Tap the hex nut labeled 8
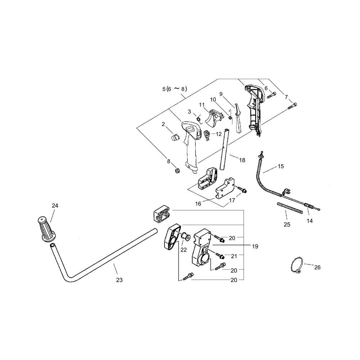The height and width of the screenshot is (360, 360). pyautogui.click(x=177, y=171)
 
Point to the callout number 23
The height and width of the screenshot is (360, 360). pyautogui.click(x=120, y=280)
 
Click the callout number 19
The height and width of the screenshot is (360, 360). pyautogui.click(x=255, y=247)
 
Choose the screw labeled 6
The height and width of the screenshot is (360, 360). pyautogui.click(x=271, y=95)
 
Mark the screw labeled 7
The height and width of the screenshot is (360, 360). pyautogui.click(x=292, y=106)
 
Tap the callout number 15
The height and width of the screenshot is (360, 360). pyautogui.click(x=281, y=166)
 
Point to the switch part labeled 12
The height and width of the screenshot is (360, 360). pyautogui.click(x=207, y=135)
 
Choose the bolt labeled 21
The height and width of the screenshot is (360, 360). pyautogui.click(x=220, y=256)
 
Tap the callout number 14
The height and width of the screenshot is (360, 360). pyautogui.click(x=310, y=221)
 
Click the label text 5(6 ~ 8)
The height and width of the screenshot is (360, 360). pyautogui.click(x=175, y=89)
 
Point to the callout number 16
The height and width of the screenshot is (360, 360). pyautogui.click(x=198, y=204)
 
